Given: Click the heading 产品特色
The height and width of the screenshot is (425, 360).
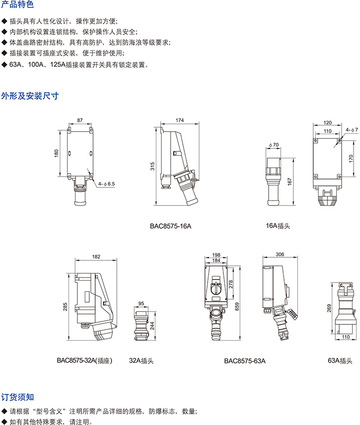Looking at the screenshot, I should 17,5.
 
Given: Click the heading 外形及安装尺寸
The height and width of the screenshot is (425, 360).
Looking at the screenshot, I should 30,96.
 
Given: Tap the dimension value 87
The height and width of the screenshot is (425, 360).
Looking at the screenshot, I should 80,120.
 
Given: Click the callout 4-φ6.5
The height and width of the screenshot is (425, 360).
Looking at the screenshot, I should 107,183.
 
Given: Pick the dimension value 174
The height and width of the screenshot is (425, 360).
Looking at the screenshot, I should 180,120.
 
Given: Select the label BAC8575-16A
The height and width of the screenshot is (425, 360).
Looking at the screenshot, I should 170,226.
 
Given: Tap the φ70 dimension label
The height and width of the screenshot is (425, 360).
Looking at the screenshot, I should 274,145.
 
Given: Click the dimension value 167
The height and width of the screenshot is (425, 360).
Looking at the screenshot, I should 290,180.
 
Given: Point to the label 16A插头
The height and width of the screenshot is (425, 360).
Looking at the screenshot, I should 278,225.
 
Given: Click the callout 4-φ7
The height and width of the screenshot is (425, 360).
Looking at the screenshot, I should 352,129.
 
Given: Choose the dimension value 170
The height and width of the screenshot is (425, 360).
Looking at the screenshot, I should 351,159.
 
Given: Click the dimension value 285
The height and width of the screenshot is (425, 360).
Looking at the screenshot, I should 65,307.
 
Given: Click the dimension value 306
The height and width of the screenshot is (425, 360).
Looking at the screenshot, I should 280,254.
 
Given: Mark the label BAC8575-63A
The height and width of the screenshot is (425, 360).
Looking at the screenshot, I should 245,360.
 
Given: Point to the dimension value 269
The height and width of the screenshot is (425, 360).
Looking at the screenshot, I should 328,308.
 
